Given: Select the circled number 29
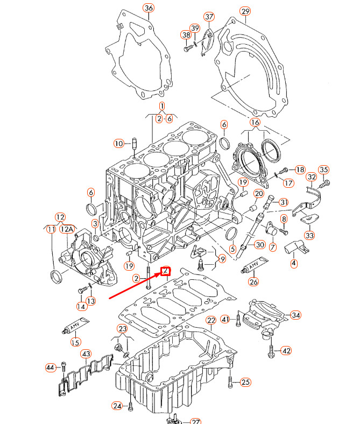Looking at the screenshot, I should pyautogui.click(x=245, y=11).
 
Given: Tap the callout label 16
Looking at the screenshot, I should pyautogui.click(x=255, y=123).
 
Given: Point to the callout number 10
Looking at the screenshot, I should pyautogui.click(x=118, y=143).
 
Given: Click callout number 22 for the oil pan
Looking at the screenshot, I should pyautogui.click(x=211, y=321).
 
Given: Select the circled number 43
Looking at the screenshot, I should pyautogui.click(x=86, y=354).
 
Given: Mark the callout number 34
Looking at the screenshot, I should pyautogui.click(x=296, y=315).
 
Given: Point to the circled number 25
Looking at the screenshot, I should pyautogui.click(x=245, y=383).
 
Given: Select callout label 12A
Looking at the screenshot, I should pyautogui.click(x=67, y=229).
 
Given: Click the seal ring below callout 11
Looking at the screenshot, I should pyautogui.click(x=55, y=277).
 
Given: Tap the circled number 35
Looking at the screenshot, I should pyautogui.click(x=323, y=170).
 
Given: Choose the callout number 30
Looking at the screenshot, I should pyautogui.click(x=259, y=245).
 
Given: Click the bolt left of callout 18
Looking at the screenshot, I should pyautogui.click(x=286, y=170).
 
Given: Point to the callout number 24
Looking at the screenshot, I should pyautogui.click(x=117, y=405).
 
